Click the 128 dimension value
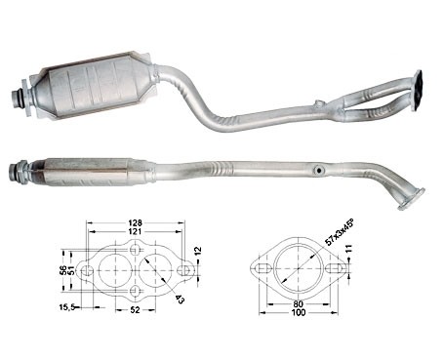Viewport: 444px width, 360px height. coord(135,223)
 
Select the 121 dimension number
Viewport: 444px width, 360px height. coord(135,231)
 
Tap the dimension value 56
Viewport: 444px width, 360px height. coord(63,270)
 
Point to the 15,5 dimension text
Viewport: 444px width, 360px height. coord(68,306)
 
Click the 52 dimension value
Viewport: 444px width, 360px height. coord(135,310)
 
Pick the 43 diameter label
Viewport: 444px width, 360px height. coord(180,299)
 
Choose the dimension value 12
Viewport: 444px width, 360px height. coord(198,251)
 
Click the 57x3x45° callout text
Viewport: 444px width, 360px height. coord(340,232)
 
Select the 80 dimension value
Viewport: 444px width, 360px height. coord(298,304)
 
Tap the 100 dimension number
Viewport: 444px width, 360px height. coord(299,313)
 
